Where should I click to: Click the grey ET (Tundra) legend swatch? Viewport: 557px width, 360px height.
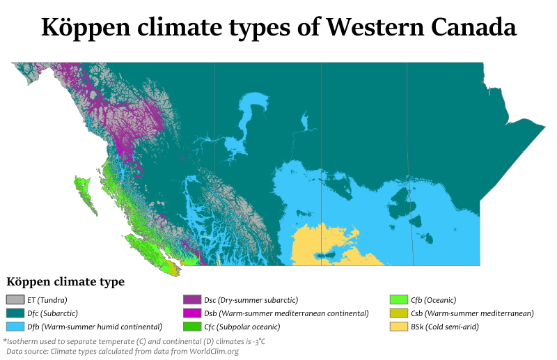click(x=15, y=300)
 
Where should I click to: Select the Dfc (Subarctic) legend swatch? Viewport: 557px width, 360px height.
click(x=15, y=313)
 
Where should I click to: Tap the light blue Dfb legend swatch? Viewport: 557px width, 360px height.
click(x=15, y=327)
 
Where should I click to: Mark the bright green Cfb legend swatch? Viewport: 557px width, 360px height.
click(x=399, y=300)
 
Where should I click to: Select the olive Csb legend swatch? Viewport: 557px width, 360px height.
click(x=399, y=313)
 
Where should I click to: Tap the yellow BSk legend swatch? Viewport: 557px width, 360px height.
click(x=399, y=327)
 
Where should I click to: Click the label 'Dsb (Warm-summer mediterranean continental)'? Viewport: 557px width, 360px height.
click(x=285, y=313)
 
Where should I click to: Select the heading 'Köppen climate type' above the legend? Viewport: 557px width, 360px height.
click(x=65, y=282)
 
